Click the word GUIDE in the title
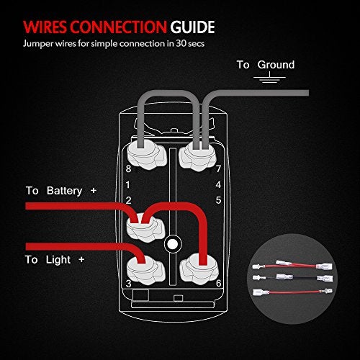pyautogui.click(x=192, y=28)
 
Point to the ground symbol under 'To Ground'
pyautogui.click(x=269, y=79)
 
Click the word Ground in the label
pyautogui.click(x=276, y=65)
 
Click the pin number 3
pyautogui.click(x=128, y=284)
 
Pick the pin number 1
pyautogui.click(x=128, y=185)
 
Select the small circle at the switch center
pyautogui.click(x=171, y=244)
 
